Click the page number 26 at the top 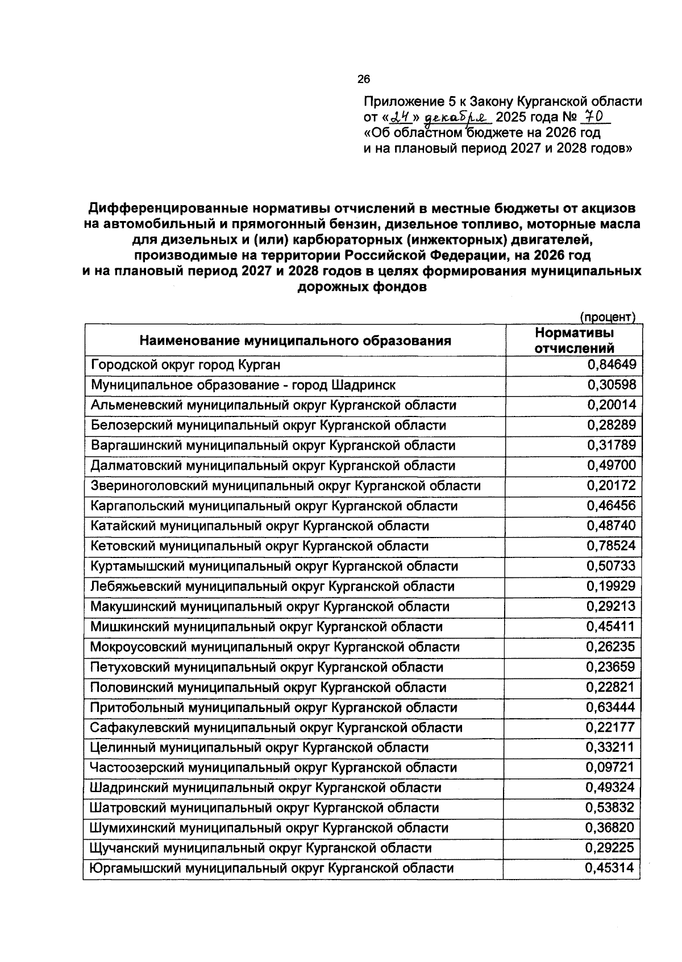tap(364, 80)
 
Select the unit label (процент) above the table tap(607, 316)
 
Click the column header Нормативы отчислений tap(575, 340)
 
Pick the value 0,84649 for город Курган tap(612, 365)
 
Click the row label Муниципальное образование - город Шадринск tap(243, 385)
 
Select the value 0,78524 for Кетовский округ tap(612, 546)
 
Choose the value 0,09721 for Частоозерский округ tap(612, 768)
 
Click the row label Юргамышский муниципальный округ tap(272, 868)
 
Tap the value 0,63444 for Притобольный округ tap(612, 707)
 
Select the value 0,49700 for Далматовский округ tap(612, 465)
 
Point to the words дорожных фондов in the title tap(361, 288)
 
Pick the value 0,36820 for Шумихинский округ tap(612, 828)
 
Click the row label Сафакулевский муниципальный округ tap(276, 727)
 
